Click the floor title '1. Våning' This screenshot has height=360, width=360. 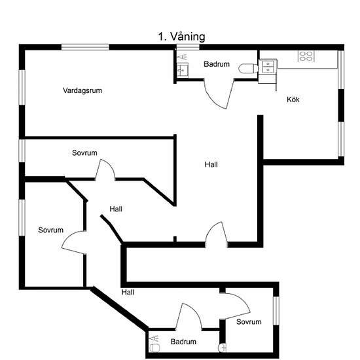[x=181, y=37]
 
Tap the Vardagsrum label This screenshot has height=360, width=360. [x=82, y=90]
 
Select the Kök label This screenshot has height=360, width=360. [x=293, y=99]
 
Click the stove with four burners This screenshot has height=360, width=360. [x=306, y=56]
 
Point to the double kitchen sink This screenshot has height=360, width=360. [x=268, y=67]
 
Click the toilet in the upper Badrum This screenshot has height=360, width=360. [x=249, y=69]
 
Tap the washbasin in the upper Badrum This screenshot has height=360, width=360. [x=183, y=70]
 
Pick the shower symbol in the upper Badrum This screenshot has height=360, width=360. [x=183, y=57]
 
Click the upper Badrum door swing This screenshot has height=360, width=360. [x=219, y=94]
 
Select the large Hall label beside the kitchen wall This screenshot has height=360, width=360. [x=211, y=164]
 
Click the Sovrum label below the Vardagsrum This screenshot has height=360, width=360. [x=84, y=153]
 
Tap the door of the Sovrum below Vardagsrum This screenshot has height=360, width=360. [x=105, y=169]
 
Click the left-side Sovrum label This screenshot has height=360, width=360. [x=51, y=230]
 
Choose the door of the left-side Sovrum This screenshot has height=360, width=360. [x=74, y=242]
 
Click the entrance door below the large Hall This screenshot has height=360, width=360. [x=217, y=234]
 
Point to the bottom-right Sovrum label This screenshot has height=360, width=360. [x=249, y=322]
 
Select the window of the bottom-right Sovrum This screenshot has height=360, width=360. [x=276, y=311]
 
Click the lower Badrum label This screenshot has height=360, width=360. [x=183, y=342]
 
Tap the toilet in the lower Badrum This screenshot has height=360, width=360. [x=154, y=348]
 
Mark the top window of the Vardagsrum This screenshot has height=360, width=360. [x=85, y=47]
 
